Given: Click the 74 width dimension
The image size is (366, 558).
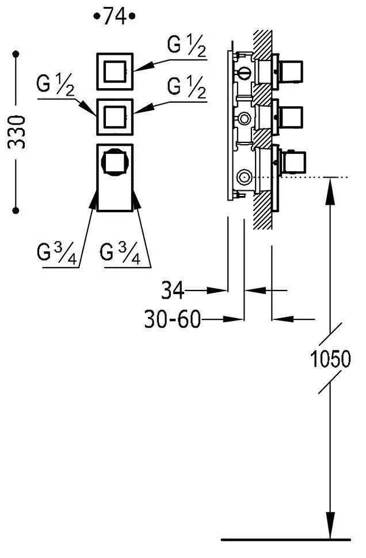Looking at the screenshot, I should click(x=115, y=17).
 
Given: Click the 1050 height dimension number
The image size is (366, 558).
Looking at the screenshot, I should click(x=330, y=360).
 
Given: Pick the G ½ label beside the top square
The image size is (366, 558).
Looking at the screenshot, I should click(x=187, y=46).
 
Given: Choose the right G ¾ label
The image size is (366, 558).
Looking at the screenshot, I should click(x=120, y=253).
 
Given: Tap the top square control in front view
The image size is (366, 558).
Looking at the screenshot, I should click(x=114, y=72).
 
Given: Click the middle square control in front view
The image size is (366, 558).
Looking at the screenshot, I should click(x=114, y=118).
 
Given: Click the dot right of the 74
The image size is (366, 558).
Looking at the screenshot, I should click(x=132, y=17).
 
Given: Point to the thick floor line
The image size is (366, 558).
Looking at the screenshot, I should click(x=285, y=540).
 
